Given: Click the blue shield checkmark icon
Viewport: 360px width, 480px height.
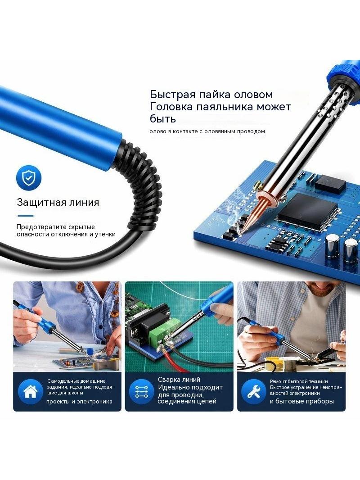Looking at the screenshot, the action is point(29,178).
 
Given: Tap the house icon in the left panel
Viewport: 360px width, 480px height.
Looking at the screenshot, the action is point(31,392).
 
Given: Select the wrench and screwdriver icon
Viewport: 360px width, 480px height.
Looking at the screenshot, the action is point(253,392).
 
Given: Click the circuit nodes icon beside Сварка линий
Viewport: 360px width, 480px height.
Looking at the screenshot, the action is point(141,392).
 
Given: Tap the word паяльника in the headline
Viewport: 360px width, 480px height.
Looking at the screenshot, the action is point(223,107).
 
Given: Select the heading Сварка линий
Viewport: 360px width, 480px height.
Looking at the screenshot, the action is point(179,380).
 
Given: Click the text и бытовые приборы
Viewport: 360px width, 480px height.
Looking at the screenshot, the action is point(301,401).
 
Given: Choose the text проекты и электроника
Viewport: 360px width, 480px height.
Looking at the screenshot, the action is point(79,402).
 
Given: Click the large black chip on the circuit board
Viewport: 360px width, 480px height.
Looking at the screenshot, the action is point(307,208).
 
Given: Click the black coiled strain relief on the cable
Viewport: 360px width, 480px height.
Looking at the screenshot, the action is point(142,184).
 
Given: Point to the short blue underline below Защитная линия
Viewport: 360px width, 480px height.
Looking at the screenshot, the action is point(25,216).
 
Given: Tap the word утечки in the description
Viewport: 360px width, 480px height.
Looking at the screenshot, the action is point(105,235).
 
